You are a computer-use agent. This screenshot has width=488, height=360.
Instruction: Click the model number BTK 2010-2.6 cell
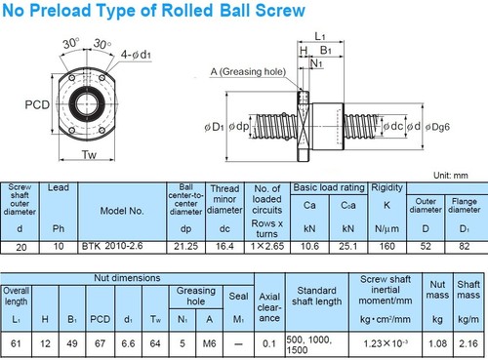pyautogui.click(x=112, y=246)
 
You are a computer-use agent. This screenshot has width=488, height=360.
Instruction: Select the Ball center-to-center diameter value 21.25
pyautogui.click(x=185, y=247)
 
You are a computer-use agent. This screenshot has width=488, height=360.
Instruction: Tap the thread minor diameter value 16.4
pyautogui.click(x=224, y=247)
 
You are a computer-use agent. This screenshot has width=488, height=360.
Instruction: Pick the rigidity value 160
pyautogui.click(x=386, y=247)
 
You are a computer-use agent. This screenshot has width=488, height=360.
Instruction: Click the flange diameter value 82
pyautogui.click(x=464, y=247)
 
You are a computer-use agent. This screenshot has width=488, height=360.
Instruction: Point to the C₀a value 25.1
pyautogui.click(x=347, y=247)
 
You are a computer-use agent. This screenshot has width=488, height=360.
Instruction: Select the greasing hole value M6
pyautogui.click(x=209, y=343)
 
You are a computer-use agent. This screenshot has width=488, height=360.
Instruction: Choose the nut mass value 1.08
pyautogui.click(x=437, y=343)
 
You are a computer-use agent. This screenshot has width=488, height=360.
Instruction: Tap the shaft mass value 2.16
pyautogui.click(x=468, y=343)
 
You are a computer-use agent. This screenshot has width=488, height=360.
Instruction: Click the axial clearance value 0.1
pyautogui.click(x=269, y=343)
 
